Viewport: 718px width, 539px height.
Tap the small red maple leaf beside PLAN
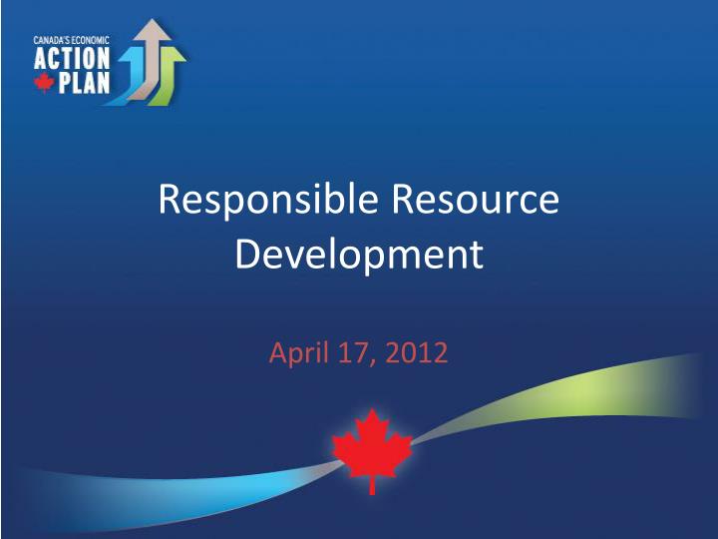click(x=43, y=83)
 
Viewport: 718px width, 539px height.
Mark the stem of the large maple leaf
click(x=373, y=485)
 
